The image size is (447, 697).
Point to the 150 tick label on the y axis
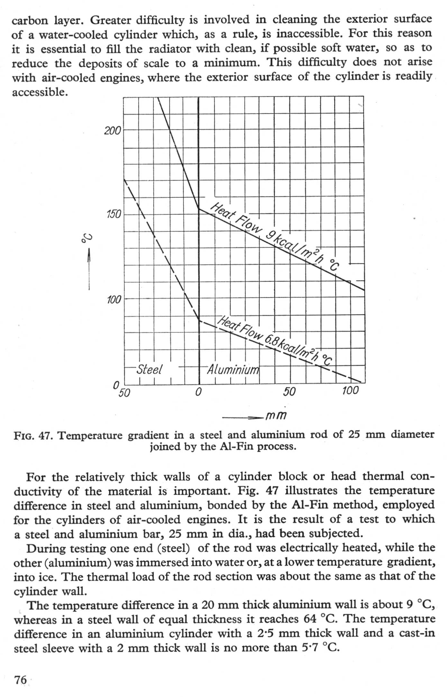tap(113, 214)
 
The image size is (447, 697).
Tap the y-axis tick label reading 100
tap(114, 300)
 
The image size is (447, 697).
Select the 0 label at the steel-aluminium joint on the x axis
tap(198, 392)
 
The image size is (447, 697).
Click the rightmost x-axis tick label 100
tap(350, 391)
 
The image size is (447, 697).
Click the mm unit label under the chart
tap(276, 416)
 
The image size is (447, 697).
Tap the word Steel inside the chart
tap(149, 369)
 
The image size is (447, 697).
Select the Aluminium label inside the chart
tap(233, 370)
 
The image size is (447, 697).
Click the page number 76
tap(20, 680)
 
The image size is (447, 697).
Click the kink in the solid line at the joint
tap(199, 209)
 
